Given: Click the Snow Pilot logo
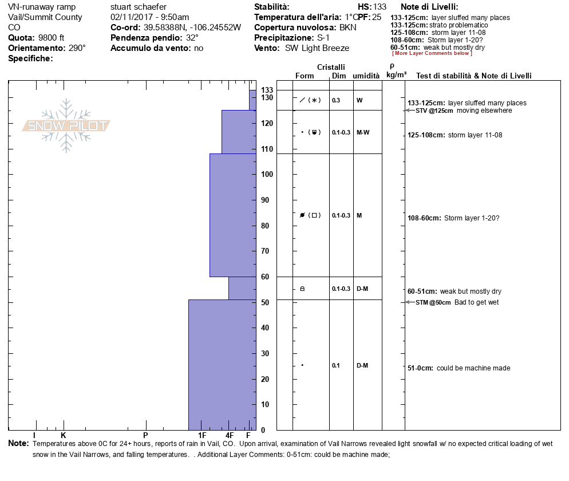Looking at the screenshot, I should (66, 125).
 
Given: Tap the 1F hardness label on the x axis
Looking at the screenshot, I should (203, 436).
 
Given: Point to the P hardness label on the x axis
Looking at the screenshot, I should (145, 436).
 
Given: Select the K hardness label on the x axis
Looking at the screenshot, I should (64, 436).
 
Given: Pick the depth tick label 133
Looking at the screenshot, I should (267, 90).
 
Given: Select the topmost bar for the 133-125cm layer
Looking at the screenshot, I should (252, 100).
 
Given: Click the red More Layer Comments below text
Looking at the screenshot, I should (432, 53).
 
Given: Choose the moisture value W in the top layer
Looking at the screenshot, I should (359, 100).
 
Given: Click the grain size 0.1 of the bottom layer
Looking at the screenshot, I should (335, 365).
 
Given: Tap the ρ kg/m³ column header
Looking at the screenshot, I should (393, 70).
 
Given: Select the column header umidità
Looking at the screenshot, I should (366, 76).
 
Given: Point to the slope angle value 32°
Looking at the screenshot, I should (191, 38).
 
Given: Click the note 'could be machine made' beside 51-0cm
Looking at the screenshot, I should (473, 368).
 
